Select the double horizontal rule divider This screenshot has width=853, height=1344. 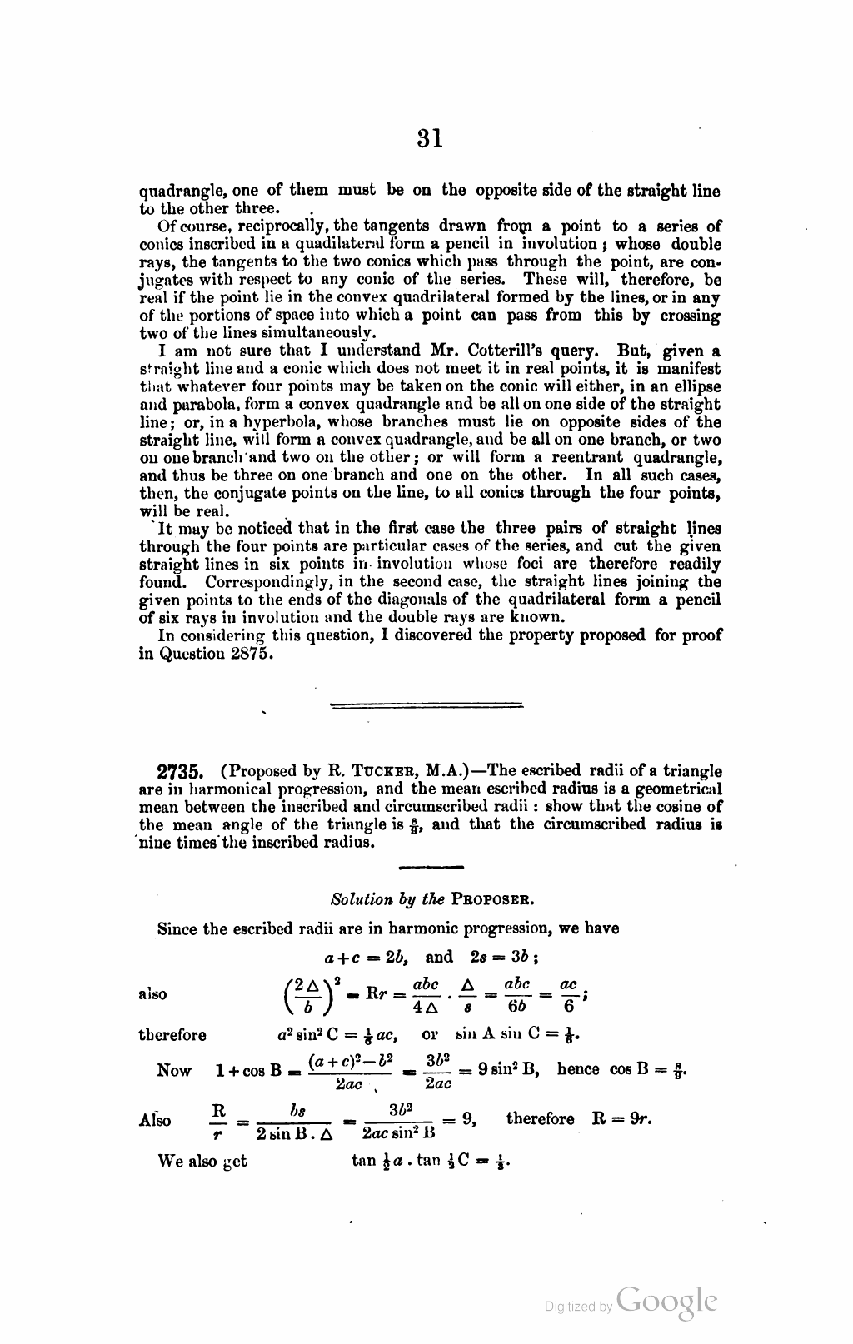click(426, 706)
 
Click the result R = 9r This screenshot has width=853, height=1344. click(621, 1118)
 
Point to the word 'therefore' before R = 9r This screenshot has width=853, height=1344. click(540, 1118)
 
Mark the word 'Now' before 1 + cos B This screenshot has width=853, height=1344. click(174, 1071)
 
